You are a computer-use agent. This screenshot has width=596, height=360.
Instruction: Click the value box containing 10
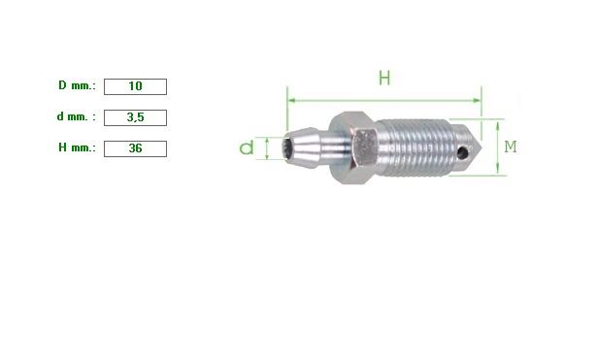[135, 86]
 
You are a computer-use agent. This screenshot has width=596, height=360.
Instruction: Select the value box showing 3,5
[135, 117]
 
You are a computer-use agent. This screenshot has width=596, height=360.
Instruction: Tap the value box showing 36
[135, 148]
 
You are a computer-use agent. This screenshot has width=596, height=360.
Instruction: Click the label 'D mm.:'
[77, 85]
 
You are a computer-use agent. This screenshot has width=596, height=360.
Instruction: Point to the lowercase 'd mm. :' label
[77, 116]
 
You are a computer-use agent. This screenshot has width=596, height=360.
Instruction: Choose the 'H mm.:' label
[77, 147]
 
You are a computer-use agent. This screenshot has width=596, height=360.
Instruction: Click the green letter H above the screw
[384, 78]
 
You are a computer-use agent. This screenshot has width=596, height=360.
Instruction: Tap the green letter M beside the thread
[511, 147]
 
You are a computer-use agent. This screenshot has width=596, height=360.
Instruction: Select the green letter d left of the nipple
[247, 147]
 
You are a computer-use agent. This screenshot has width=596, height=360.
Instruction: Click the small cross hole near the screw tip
[462, 153]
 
